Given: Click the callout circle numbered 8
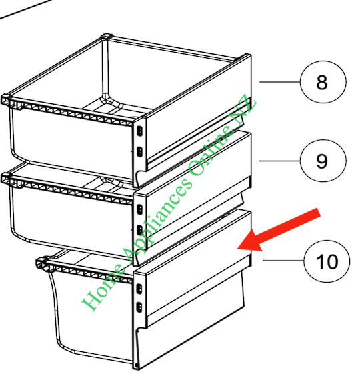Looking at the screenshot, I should coord(322,83).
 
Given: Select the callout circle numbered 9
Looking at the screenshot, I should coord(322,160).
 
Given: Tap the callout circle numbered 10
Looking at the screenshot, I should coord(327,261).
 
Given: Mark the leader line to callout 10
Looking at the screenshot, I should coord(283,261).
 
